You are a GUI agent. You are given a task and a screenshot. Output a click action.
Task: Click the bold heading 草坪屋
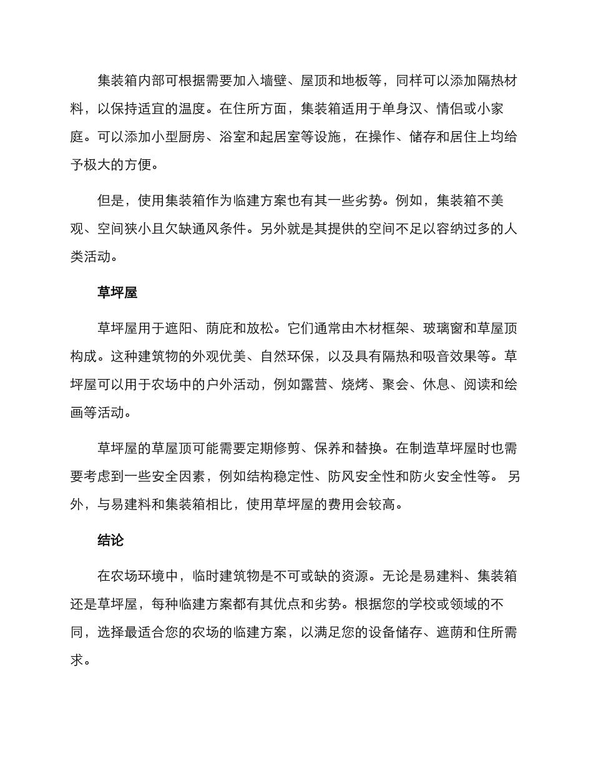point(117,293)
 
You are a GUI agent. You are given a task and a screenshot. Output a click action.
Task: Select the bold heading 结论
point(110,540)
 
